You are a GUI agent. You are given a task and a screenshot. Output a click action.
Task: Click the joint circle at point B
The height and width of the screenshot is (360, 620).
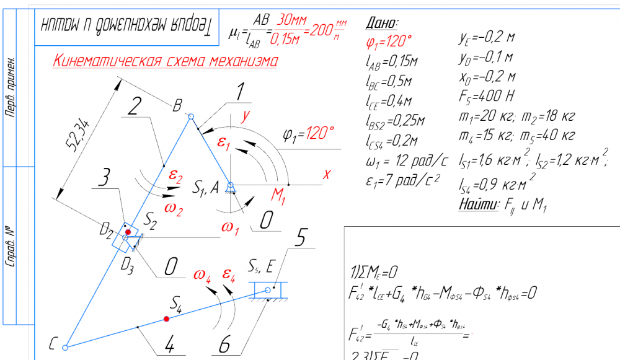[191, 116]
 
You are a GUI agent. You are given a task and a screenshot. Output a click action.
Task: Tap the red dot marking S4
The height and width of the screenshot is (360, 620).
[166, 318]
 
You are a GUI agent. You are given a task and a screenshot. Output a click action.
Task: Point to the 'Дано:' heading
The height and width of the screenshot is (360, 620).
[382, 24]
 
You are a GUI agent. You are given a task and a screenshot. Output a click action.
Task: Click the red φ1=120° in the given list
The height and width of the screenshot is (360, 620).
[389, 42]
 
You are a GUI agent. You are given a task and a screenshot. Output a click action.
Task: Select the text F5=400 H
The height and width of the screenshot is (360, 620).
[487, 97]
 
